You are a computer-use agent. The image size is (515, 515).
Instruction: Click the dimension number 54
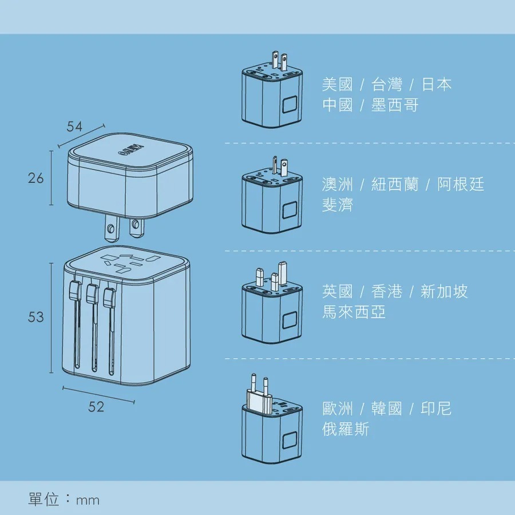click(74, 127)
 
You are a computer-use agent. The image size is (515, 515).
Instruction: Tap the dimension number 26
click(35, 178)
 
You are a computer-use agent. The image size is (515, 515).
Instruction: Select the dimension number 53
click(35, 317)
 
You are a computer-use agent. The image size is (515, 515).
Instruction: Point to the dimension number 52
click(97, 407)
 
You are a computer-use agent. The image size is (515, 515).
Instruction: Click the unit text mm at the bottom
click(87, 501)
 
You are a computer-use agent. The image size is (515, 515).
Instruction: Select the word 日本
click(437, 85)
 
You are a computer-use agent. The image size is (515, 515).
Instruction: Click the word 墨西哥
click(395, 105)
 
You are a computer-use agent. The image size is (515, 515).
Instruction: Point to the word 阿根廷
click(461, 184)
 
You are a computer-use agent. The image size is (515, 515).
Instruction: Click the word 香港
click(387, 292)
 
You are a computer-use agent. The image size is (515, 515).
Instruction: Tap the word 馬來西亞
click(354, 312)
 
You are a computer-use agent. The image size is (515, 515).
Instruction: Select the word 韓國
click(387, 409)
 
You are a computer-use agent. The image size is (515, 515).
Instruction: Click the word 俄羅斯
click(346, 429)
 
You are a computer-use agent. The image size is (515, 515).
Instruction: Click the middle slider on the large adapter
click(90, 295)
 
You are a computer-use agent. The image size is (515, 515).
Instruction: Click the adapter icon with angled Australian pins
click(270, 197)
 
